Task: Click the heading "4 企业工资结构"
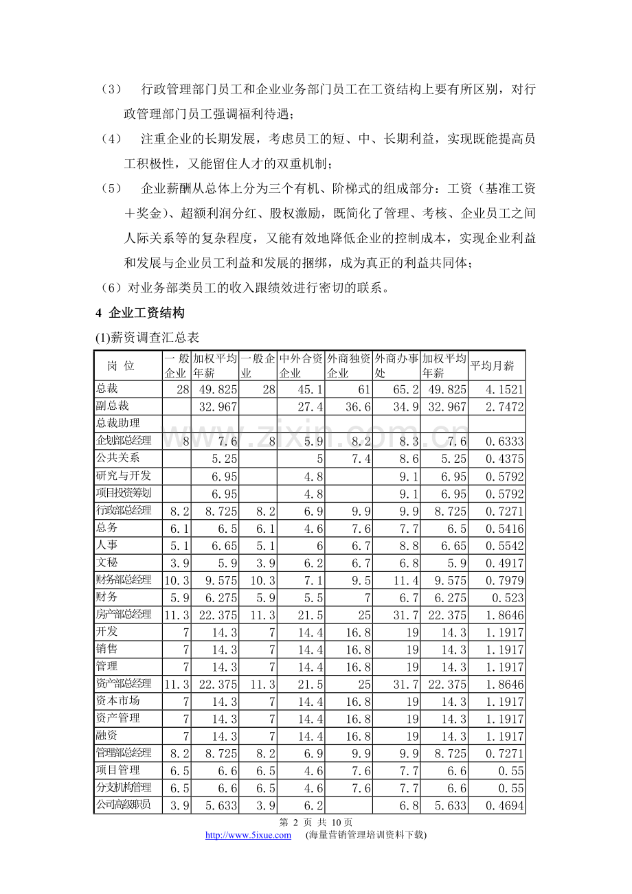pyautogui.click(x=140, y=313)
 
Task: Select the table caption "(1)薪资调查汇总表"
pyautogui.click(x=147, y=338)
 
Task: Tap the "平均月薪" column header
pyautogui.click(x=492, y=365)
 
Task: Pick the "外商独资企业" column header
pyautogui.click(x=348, y=365)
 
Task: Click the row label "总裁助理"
pyautogui.click(x=117, y=423)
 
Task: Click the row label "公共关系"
pyautogui.click(x=117, y=457)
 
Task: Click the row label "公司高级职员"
pyautogui.click(x=124, y=804)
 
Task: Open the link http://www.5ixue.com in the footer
pyautogui.click(x=249, y=835)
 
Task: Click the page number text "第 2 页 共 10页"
pyautogui.click(x=315, y=822)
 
